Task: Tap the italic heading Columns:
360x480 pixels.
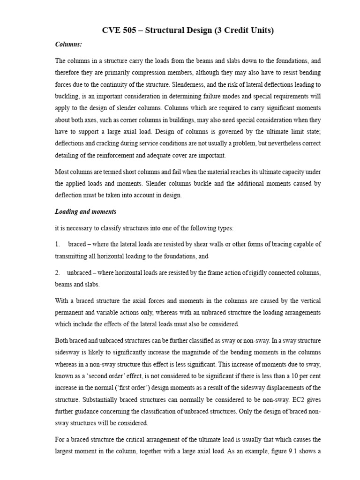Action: click(x=68, y=45)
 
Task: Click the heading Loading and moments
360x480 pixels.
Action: click(x=86, y=212)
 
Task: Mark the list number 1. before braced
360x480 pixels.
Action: click(x=57, y=244)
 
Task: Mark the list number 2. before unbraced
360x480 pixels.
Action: click(x=57, y=273)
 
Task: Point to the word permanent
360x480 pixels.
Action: click(x=71, y=312)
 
